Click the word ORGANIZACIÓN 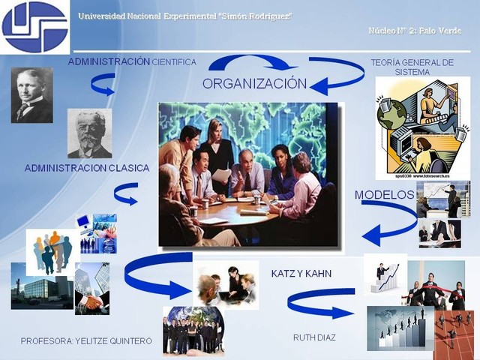(254, 83)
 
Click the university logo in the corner (34, 26)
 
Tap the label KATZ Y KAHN (301, 274)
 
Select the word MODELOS (384, 195)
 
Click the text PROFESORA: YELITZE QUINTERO (86, 341)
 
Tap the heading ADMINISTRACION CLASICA (87, 168)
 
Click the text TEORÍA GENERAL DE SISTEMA (412, 67)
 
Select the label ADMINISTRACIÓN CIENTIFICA (132, 62)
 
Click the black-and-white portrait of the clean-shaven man (32, 95)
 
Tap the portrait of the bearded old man (89, 133)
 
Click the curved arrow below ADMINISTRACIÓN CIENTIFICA (103, 84)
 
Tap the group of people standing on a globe (193, 331)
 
